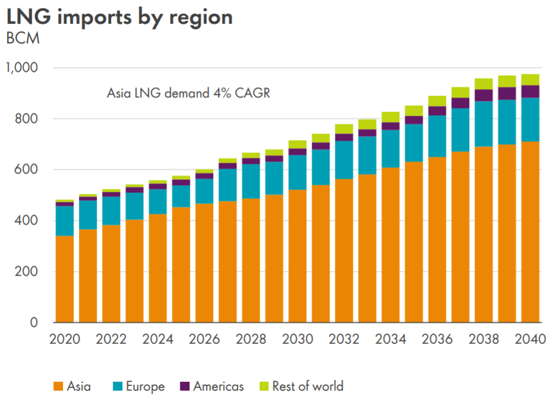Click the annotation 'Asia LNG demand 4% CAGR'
pyautogui.click(x=188, y=93)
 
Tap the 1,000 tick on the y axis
pyautogui.click(x=21, y=68)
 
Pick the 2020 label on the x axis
pyautogui.click(x=64, y=340)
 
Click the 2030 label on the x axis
pyautogui.click(x=298, y=340)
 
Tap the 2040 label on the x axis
pyautogui.click(x=530, y=340)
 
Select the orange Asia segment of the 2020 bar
pyautogui.click(x=64, y=279)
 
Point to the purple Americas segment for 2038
pyautogui.click(x=484, y=95)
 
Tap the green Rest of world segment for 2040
pyautogui.click(x=530, y=80)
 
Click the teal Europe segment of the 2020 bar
pyautogui.click(x=64, y=221)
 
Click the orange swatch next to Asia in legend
pyautogui.click(x=58, y=387)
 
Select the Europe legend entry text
pyautogui.click(x=144, y=387)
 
